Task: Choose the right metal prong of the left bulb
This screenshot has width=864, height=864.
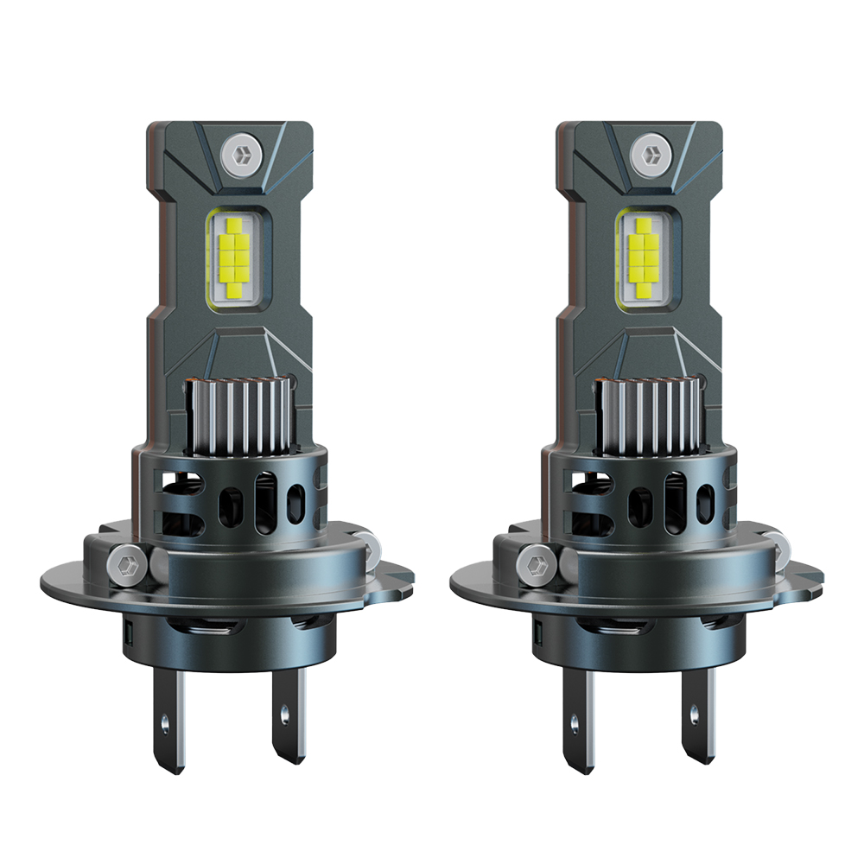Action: click(288, 721)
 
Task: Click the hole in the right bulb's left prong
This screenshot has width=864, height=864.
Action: click(575, 718)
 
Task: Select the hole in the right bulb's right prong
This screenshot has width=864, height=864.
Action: click(695, 714)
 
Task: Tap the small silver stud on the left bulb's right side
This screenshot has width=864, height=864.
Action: click(373, 543)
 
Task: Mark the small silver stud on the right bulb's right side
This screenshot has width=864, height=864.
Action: click(784, 543)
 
